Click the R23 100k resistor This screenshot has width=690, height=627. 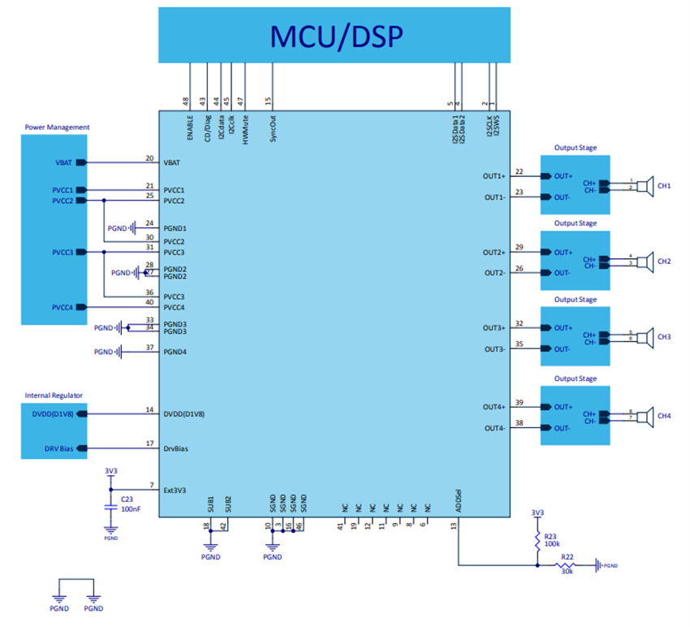point(537,539)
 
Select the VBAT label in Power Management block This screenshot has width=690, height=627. point(64,162)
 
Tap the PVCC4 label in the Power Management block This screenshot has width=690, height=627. point(63,307)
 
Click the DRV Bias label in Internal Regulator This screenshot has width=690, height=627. point(58,448)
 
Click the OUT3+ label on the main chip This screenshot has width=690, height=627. point(495,328)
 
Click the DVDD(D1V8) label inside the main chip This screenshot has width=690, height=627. point(184,413)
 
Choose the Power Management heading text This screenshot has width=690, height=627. point(57,128)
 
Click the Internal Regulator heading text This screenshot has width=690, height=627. point(54,396)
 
